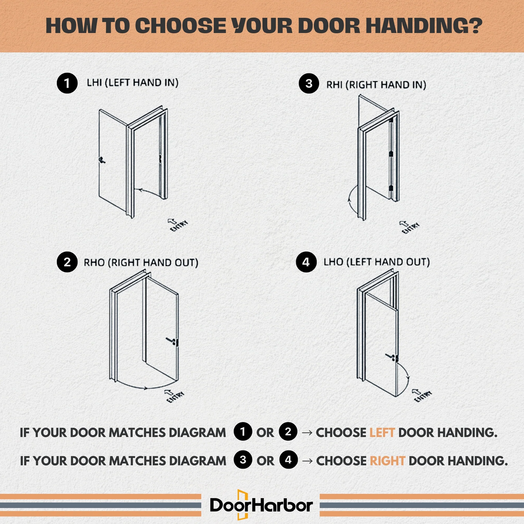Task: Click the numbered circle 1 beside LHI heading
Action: tap(67, 83)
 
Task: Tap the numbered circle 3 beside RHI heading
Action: tap(309, 83)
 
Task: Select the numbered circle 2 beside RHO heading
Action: tap(67, 262)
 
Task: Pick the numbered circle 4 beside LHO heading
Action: tap(306, 262)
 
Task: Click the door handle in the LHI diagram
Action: tap(102, 160)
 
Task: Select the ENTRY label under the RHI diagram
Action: tap(410, 228)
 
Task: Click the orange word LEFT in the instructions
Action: tap(382, 433)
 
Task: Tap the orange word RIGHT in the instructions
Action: tap(387, 461)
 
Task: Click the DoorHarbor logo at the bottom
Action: tap(261, 505)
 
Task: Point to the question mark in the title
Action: tap(475, 25)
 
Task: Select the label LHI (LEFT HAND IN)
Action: tap(132, 83)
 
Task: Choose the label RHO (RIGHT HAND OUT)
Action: tap(141, 263)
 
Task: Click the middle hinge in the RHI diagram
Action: tap(391, 154)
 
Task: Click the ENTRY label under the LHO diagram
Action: tap(422, 396)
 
